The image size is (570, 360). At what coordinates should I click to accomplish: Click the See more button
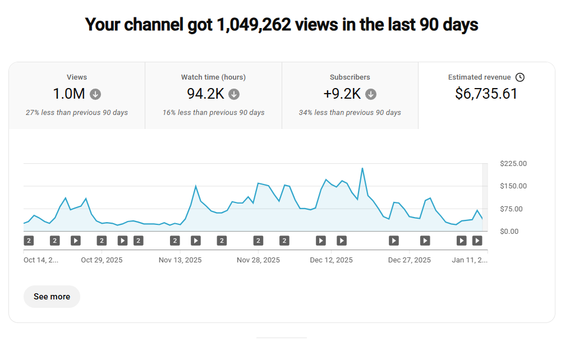[52, 297]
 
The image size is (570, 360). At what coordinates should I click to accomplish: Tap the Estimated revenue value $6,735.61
[486, 94]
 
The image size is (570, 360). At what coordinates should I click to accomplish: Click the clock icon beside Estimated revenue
[520, 77]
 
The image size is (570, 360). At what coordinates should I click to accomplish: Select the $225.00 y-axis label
[513, 164]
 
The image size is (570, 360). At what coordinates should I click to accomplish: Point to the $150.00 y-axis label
[513, 186]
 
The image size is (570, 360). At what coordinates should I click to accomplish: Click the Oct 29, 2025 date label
[102, 260]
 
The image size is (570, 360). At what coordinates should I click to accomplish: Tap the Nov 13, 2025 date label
[180, 260]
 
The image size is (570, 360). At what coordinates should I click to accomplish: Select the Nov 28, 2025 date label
[258, 260]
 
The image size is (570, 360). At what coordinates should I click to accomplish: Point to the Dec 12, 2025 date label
[331, 260]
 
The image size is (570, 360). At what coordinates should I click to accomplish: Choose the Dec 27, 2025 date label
[410, 260]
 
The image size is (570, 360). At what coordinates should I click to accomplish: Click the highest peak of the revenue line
[362, 168]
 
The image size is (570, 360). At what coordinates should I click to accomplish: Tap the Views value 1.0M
[69, 94]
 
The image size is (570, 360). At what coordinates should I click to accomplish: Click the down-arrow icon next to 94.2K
[234, 94]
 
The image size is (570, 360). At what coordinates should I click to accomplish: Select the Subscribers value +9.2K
[342, 94]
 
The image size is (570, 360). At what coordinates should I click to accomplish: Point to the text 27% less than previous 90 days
[77, 113]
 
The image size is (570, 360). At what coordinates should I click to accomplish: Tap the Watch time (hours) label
[213, 77]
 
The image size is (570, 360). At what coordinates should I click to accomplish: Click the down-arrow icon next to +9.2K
[371, 94]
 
